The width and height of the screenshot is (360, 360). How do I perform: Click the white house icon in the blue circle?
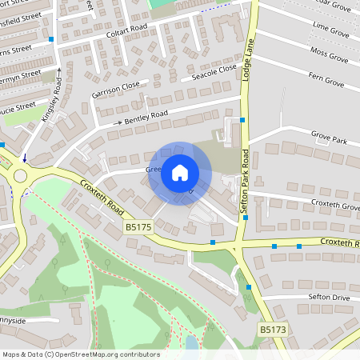[180, 172]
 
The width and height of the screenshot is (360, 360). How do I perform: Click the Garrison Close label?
[115, 90]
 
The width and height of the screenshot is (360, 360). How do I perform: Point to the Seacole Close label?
[214, 74]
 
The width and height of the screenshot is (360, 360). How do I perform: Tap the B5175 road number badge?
[138, 228]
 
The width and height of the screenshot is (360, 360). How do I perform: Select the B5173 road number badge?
[273, 329]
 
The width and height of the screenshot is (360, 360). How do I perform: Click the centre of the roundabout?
[18, 176]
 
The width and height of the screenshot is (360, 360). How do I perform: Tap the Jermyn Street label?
[20, 74]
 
